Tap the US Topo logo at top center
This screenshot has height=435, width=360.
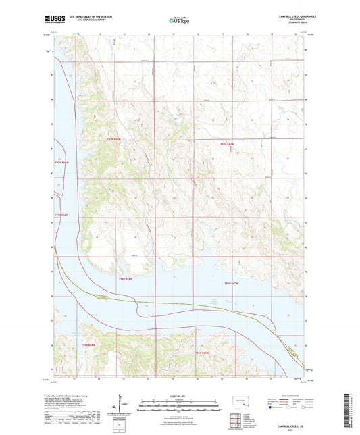179,21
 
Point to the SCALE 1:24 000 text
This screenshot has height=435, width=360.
179,396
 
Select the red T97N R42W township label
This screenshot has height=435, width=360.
231,145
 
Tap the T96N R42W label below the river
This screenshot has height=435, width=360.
203,353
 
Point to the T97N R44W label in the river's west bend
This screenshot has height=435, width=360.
61,162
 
